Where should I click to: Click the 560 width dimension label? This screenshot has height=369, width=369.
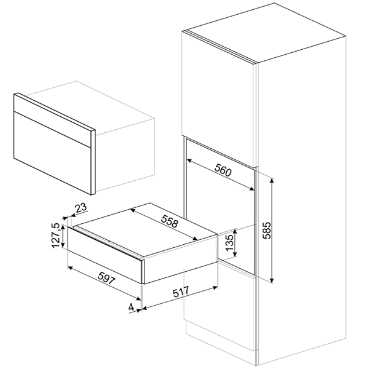point(223,170)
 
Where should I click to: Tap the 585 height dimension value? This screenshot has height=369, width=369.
point(267,231)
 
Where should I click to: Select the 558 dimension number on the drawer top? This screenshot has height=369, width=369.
point(170,221)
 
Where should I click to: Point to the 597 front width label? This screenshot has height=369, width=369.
point(106,278)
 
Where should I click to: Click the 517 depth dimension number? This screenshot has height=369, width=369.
point(181,292)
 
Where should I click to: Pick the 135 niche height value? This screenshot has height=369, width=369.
point(229,242)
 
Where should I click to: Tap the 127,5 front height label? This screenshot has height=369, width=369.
point(56,236)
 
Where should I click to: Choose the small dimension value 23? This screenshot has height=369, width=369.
point(81,208)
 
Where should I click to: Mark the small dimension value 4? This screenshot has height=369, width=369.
point(131,307)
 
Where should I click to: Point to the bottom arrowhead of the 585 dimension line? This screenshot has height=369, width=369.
point(272,280)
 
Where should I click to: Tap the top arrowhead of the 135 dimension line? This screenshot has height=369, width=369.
point(235,231)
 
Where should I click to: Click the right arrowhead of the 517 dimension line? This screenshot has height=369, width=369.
point(215,287)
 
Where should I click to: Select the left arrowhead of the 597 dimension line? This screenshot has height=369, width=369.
point(70,268)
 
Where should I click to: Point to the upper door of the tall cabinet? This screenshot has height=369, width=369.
point(218,99)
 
